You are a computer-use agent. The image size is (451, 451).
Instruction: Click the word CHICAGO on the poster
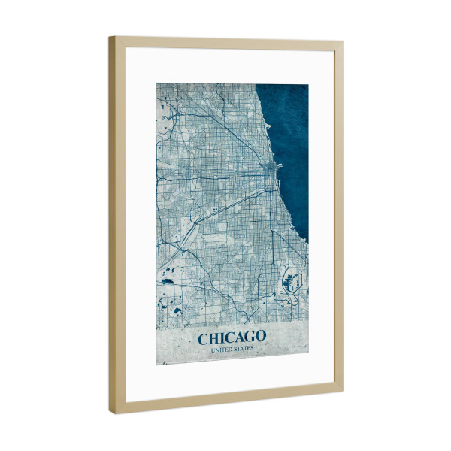click(x=232, y=337)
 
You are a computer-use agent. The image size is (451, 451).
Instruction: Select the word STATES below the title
click(x=244, y=349)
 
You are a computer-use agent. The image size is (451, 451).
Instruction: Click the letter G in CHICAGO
click(x=248, y=337)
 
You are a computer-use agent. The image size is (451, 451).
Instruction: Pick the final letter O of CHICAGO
click(x=260, y=336)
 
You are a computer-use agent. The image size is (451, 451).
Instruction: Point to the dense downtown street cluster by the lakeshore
click(x=267, y=175)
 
